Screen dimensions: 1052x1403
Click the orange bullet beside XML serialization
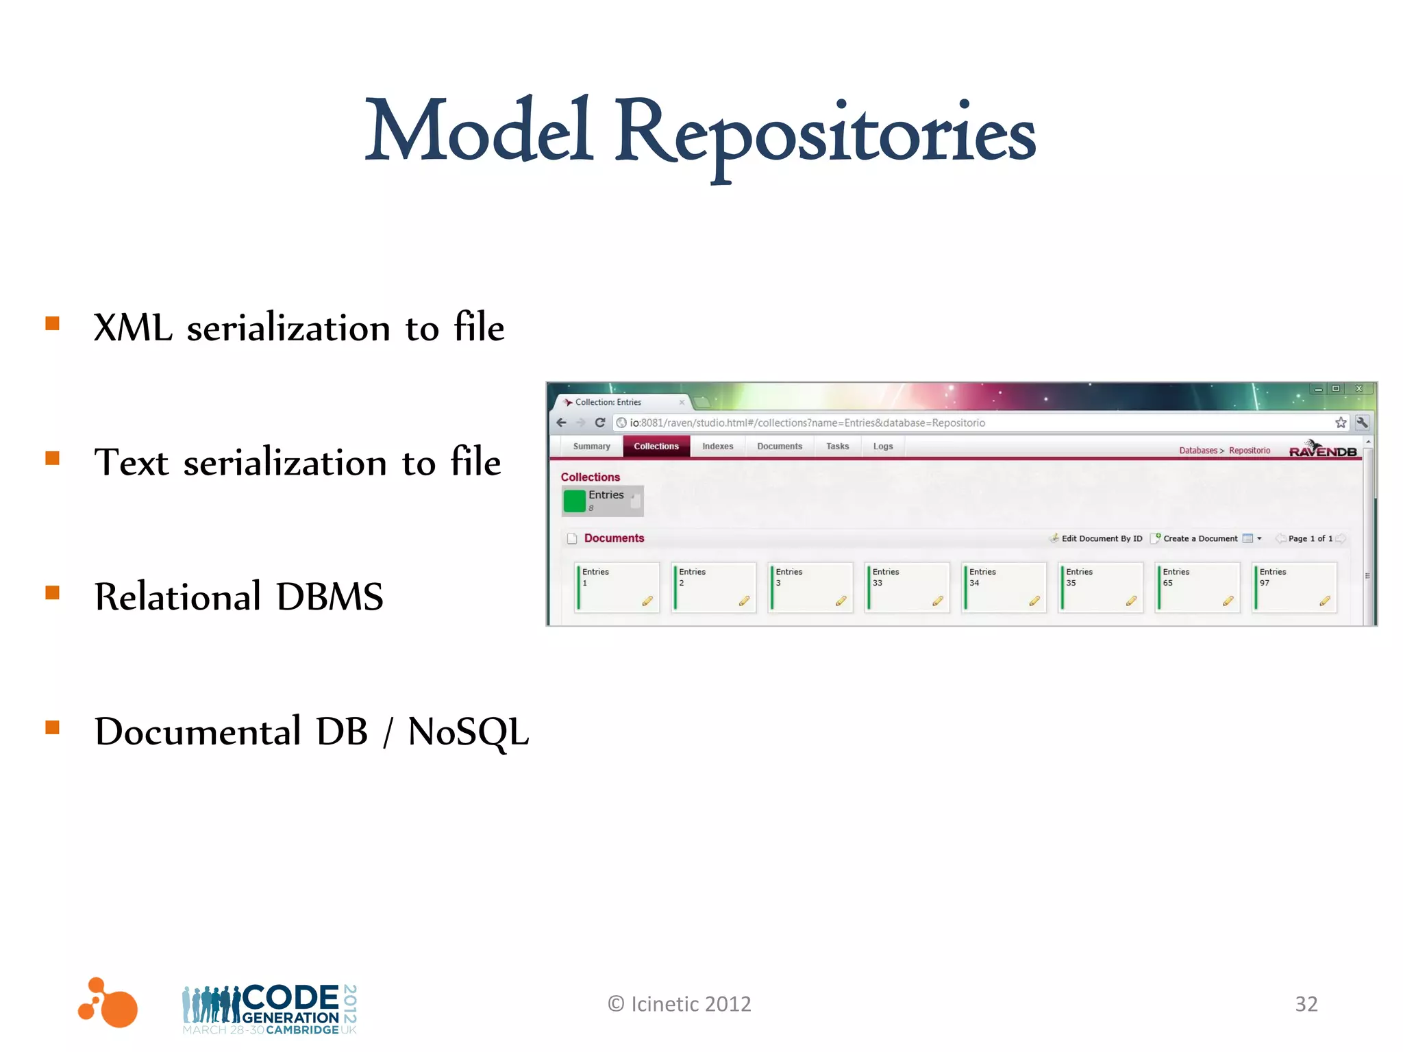(53, 323)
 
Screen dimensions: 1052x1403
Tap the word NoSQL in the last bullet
(468, 731)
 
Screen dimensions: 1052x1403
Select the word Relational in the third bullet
(177, 597)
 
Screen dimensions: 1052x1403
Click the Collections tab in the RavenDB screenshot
(656, 447)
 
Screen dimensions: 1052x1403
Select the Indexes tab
(717, 447)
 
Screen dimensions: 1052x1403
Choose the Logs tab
(882, 447)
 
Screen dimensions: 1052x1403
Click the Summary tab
(591, 447)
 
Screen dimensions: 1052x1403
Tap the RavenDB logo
(1322, 450)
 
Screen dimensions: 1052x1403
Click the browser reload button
(600, 423)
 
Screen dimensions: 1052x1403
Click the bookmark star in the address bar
(1341, 423)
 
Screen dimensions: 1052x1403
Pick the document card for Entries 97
(1294, 587)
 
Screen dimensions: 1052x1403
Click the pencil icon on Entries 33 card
(938, 601)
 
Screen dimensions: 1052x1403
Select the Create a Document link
(1200, 538)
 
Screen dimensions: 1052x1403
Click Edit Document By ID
(1101, 538)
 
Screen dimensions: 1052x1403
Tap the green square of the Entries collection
(574, 501)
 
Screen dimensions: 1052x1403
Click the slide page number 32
(1306, 1004)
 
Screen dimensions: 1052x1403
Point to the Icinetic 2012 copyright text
(680, 1004)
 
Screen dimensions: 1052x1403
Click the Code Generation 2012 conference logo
(270, 1009)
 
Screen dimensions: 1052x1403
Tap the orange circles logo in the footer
(108, 1003)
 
